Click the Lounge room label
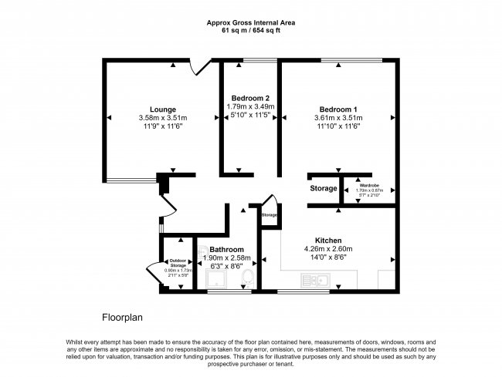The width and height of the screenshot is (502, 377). (163, 109)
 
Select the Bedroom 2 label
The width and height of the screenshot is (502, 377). (250, 99)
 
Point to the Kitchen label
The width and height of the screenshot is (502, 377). (328, 241)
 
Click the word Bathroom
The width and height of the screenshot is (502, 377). (226, 250)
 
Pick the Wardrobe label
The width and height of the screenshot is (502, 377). (368, 185)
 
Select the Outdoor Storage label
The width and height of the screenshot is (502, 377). (178, 263)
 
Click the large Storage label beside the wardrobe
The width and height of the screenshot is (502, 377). (324, 188)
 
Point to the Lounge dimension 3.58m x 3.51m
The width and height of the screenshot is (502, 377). (163, 118)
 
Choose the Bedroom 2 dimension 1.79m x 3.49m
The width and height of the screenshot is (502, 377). (250, 108)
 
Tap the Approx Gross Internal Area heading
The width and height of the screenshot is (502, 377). (251, 23)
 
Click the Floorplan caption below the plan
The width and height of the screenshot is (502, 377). (123, 317)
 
